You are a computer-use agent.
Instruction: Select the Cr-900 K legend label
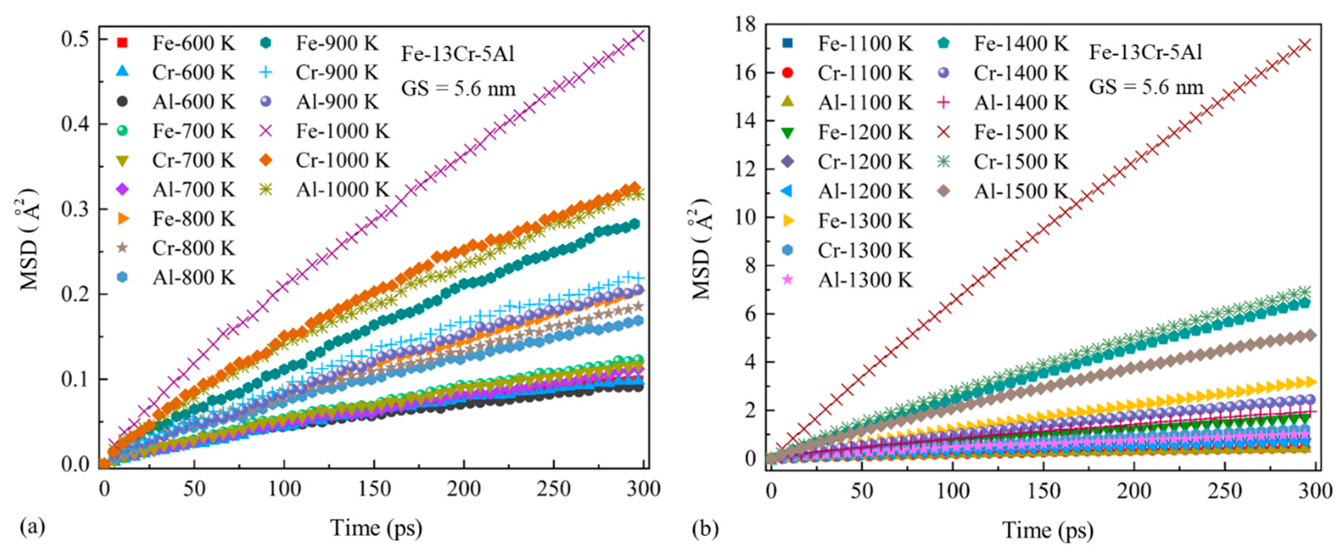pos(337,73)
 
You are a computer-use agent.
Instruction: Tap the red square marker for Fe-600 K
pos(122,43)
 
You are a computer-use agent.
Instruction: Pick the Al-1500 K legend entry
pos(1020,192)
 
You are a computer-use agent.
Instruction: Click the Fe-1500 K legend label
pos(1020,132)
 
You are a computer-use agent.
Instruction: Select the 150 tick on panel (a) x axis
pos(374,489)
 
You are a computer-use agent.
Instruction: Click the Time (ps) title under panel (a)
pos(375,528)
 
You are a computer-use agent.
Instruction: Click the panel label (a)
pos(32,528)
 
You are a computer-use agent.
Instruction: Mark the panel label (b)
pos(706,529)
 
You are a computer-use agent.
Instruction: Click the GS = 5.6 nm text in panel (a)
pos(458,89)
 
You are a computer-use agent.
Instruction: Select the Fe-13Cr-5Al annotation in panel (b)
pos(1145,53)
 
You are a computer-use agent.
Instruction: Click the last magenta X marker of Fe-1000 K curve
pos(638,35)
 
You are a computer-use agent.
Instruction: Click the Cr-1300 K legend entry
pos(865,250)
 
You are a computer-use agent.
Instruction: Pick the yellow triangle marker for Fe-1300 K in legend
pos(788,221)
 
